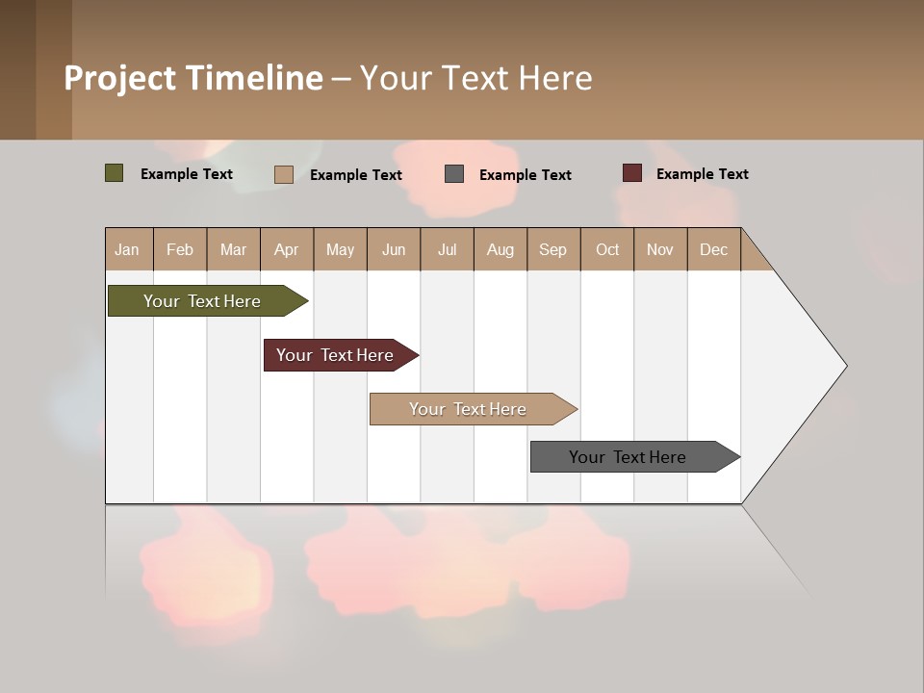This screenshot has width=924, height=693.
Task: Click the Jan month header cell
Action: pyautogui.click(x=128, y=249)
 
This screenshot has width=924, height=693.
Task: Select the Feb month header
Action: pyautogui.click(x=180, y=249)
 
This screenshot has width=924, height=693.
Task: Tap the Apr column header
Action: pyautogui.click(x=287, y=249)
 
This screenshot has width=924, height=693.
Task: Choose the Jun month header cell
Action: pyautogui.click(x=394, y=249)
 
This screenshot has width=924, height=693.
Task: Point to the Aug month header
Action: pyautogui.click(x=500, y=249)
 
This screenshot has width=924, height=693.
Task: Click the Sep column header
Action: pyautogui.click(x=553, y=249)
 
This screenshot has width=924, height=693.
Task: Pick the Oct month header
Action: pyautogui.click(x=607, y=249)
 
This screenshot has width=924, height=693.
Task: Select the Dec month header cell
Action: pyautogui.click(x=714, y=249)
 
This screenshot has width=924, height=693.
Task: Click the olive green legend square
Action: pyautogui.click(x=115, y=173)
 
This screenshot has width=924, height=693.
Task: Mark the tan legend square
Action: pyautogui.click(x=284, y=174)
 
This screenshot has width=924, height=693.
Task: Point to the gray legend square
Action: pyautogui.click(x=454, y=173)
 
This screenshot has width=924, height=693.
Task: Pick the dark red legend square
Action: pyautogui.click(x=632, y=173)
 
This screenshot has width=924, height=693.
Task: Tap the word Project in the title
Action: pyautogui.click(x=120, y=78)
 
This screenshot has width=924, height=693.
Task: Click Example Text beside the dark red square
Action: pyautogui.click(x=702, y=174)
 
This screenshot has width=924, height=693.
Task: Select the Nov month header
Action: pyautogui.click(x=660, y=249)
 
